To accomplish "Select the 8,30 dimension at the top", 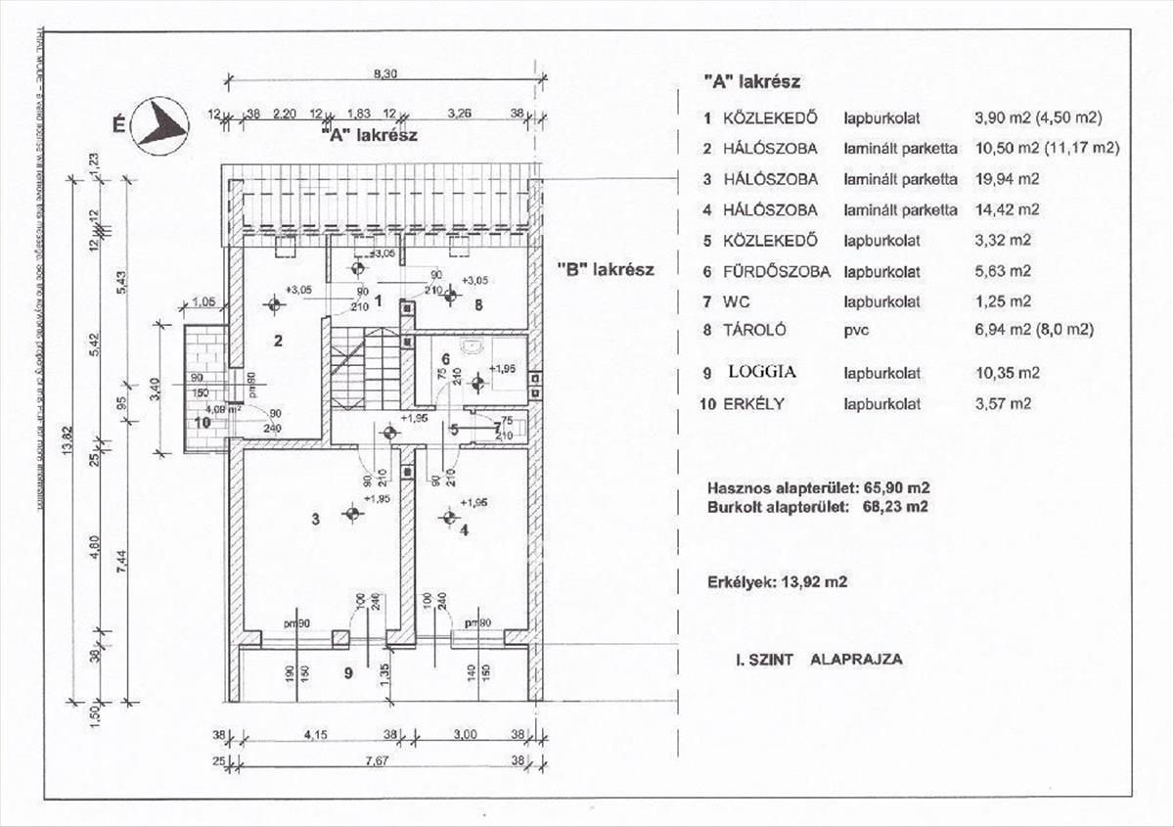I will [x=384, y=72].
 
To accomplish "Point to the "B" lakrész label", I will [x=605, y=269].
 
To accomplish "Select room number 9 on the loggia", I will [x=348, y=672].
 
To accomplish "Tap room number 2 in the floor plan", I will [x=278, y=342].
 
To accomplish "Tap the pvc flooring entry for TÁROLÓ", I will [x=857, y=331].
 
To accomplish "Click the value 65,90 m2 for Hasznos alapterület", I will [x=897, y=486].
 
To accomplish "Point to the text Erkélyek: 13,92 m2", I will [x=777, y=581].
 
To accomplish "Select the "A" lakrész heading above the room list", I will [x=751, y=82].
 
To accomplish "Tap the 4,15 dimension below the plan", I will [x=315, y=734].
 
